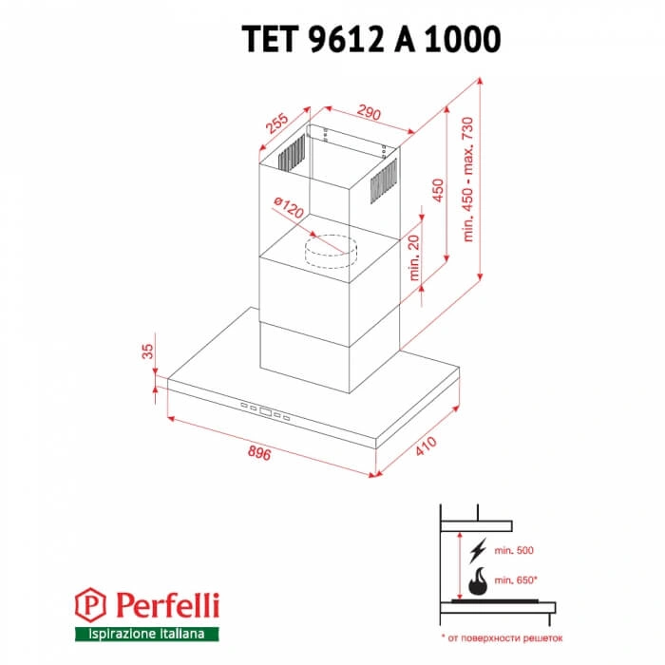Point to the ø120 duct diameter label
pyautogui.click(x=286, y=209)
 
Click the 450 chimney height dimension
pyautogui.click(x=437, y=190)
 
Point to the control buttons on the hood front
pyautogui.click(x=270, y=411)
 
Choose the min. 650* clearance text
pyautogui.click(x=518, y=578)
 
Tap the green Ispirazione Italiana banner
pyautogui.click(x=146, y=634)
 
